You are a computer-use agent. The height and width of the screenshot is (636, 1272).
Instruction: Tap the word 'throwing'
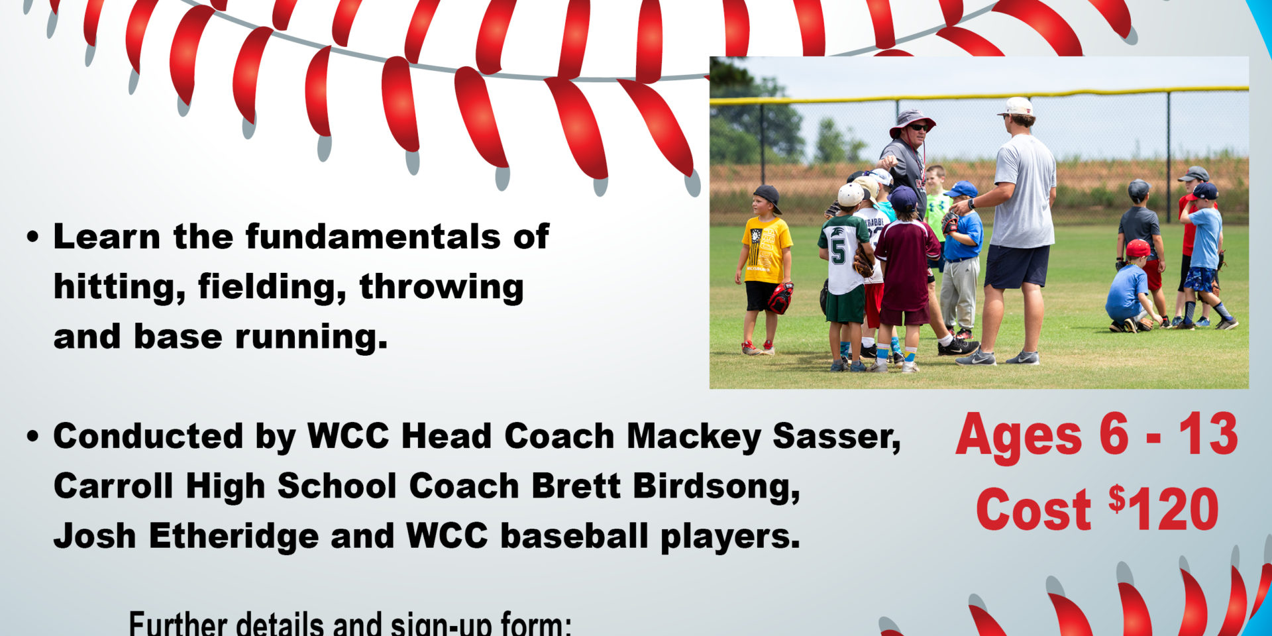click(442, 288)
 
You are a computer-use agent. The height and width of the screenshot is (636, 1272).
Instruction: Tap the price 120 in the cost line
click(1173, 509)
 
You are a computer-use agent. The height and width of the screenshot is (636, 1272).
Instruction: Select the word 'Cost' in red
click(1033, 509)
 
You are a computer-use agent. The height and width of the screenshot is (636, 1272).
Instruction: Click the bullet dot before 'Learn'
click(33, 238)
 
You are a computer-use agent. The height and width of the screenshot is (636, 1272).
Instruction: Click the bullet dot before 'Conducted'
click(33, 438)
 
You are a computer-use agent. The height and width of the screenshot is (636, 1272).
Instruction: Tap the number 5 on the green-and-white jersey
click(838, 252)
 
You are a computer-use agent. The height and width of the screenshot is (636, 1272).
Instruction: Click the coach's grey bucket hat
click(912, 121)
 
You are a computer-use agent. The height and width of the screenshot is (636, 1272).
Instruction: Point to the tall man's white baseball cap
click(1016, 106)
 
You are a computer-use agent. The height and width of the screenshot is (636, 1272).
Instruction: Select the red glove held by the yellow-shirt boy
click(780, 298)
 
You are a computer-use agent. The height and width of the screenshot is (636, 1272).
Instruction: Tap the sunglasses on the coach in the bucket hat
click(918, 127)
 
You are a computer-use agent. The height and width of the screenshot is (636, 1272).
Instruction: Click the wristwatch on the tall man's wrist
click(971, 204)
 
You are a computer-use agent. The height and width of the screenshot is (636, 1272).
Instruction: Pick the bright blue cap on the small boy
click(961, 189)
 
